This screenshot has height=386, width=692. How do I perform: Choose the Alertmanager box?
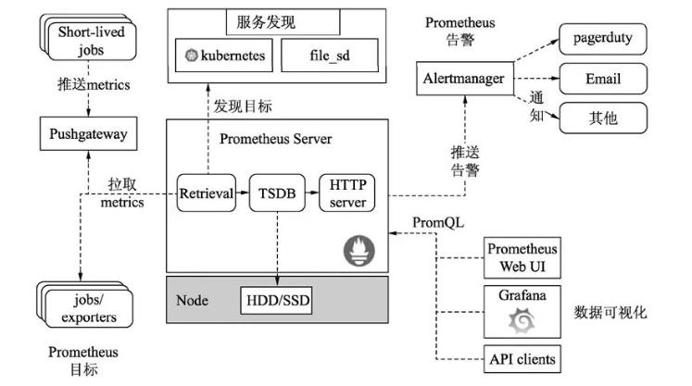coord(462,79)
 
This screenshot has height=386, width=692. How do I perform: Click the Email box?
coord(602,80)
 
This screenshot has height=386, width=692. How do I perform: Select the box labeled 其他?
coord(602,118)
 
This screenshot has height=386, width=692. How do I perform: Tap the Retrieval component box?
coord(206,193)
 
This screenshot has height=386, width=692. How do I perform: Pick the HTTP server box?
coord(347,193)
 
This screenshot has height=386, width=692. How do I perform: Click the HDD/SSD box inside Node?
coord(278,302)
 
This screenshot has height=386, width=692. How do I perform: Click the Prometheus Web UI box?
coord(522,258)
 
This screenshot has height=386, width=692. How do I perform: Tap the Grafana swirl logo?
coord(522,320)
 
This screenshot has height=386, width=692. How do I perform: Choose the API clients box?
coord(522,359)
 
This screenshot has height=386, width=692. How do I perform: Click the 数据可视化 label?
coord(610,313)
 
